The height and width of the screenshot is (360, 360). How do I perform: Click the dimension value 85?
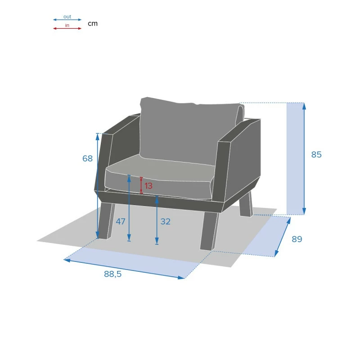pyautogui.click(x=316, y=154)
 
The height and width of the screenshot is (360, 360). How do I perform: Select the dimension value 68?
pyautogui.click(x=87, y=158)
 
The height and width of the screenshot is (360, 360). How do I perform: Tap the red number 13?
pyautogui.click(x=148, y=185)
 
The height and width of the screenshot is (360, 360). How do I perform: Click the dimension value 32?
pyautogui.click(x=166, y=221)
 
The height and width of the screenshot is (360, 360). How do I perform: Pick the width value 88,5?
pyautogui.click(x=112, y=274)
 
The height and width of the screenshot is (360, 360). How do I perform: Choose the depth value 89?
pyautogui.click(x=297, y=239)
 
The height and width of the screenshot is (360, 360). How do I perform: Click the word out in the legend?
pyautogui.click(x=67, y=17)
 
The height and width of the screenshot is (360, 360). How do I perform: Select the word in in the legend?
pyautogui.click(x=67, y=26)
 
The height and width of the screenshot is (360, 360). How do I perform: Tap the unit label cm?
pyautogui.click(x=92, y=23)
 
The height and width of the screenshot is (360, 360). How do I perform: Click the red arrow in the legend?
pyautogui.click(x=67, y=29)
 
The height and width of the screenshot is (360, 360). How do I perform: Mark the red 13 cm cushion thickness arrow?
pyautogui.click(x=142, y=185)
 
